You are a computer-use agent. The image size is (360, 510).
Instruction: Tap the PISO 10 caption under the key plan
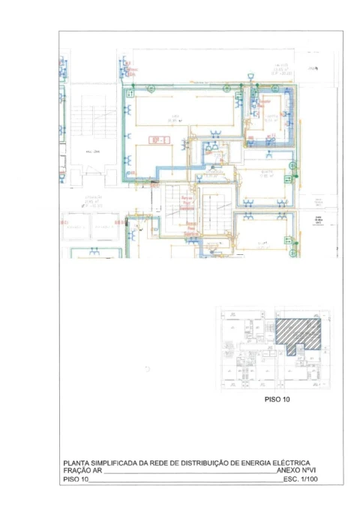tap(277, 400)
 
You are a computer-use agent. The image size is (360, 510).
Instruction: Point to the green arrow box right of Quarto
tap(286, 179)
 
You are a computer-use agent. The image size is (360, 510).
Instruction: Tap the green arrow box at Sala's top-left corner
tap(131, 94)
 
